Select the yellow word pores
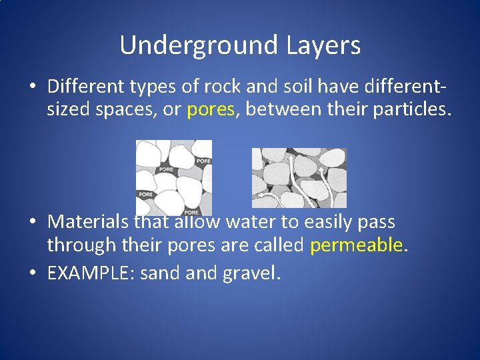coord(211,110)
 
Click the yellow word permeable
coord(357,245)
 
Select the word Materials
coord(89,221)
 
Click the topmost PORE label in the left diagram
coord(203,161)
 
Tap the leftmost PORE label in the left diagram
coord(146,194)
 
